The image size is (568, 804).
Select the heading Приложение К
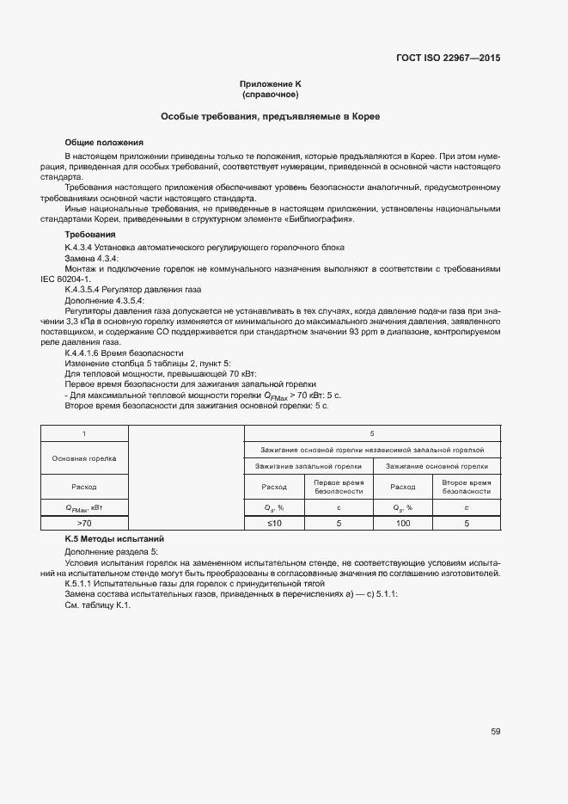pyautogui.click(x=270, y=83)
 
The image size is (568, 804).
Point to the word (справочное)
pyautogui.click(x=270, y=94)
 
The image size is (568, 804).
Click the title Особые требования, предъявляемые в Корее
pyautogui.click(x=271, y=115)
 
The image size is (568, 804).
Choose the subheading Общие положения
pyautogui.click(x=104, y=142)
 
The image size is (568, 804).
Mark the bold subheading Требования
pyautogui.click(x=89, y=235)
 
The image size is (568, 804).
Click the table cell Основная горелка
pyautogui.click(x=84, y=458)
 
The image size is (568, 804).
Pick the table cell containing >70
pyautogui.click(x=84, y=523)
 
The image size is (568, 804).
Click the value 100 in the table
pyautogui.click(x=403, y=523)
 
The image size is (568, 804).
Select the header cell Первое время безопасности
pyautogui.click(x=339, y=487)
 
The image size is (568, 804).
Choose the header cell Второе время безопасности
pyautogui.click(x=467, y=487)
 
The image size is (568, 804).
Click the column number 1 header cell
pyautogui.click(x=84, y=433)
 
